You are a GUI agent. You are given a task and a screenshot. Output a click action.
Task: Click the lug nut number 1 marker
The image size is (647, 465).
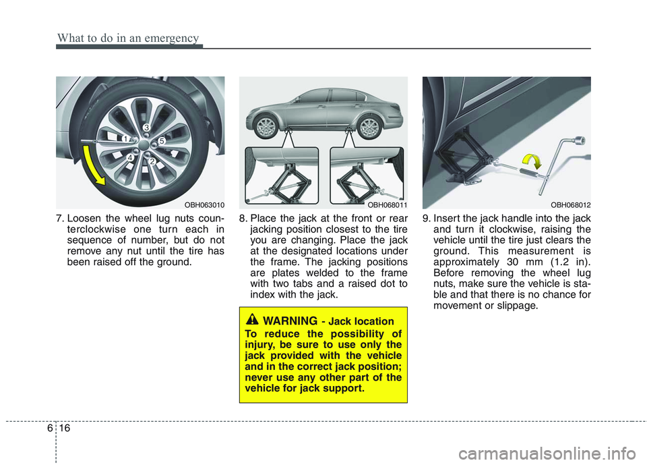point(125,138)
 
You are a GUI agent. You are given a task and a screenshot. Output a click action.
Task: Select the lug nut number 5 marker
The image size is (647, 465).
point(161,141)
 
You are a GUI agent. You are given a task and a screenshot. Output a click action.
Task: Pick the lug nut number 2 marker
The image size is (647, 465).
point(152,162)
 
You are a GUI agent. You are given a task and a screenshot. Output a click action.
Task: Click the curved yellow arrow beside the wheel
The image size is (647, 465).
point(91,163)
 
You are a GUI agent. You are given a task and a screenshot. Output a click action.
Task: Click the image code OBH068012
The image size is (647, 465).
point(569,203)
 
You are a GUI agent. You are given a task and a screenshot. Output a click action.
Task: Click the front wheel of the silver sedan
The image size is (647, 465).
point(268,127)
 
